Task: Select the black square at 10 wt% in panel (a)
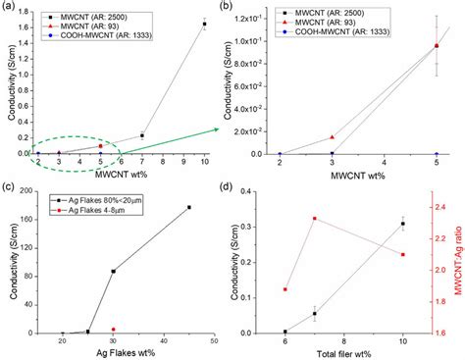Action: click(204, 24)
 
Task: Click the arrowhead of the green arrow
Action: click(218, 129)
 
